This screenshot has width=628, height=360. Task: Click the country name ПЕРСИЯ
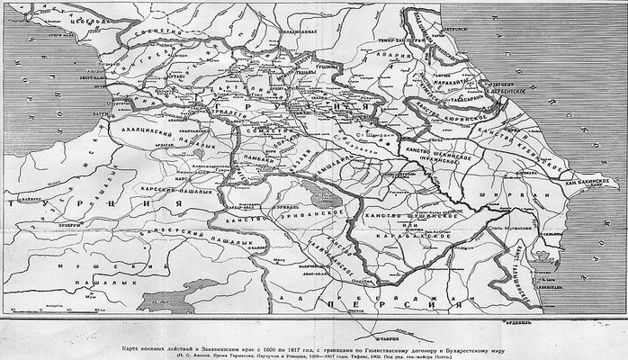[x=360, y=306]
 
